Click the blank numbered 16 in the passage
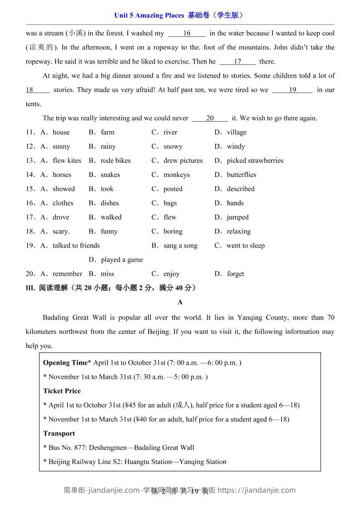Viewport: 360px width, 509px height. [x=187, y=33]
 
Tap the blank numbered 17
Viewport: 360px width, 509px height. [x=237, y=62]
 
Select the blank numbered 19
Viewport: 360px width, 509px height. [x=292, y=90]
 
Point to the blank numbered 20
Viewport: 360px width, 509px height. [x=210, y=118]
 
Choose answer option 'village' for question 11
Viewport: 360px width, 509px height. [x=237, y=132]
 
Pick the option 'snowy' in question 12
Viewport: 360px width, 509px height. [x=173, y=147]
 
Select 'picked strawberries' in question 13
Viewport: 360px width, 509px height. [x=255, y=161]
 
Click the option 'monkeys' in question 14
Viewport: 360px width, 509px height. [x=177, y=175]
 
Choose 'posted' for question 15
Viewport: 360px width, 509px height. [x=173, y=189]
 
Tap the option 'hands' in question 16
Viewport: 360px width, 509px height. [x=235, y=203]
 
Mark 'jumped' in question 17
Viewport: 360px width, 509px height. [x=237, y=217]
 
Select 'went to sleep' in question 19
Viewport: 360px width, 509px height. [x=245, y=246]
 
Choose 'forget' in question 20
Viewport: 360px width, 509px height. [x=235, y=274]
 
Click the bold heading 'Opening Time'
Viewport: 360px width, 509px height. [x=65, y=363]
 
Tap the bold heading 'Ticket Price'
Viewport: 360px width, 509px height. [x=62, y=391]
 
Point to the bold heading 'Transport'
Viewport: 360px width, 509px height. [x=59, y=434]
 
